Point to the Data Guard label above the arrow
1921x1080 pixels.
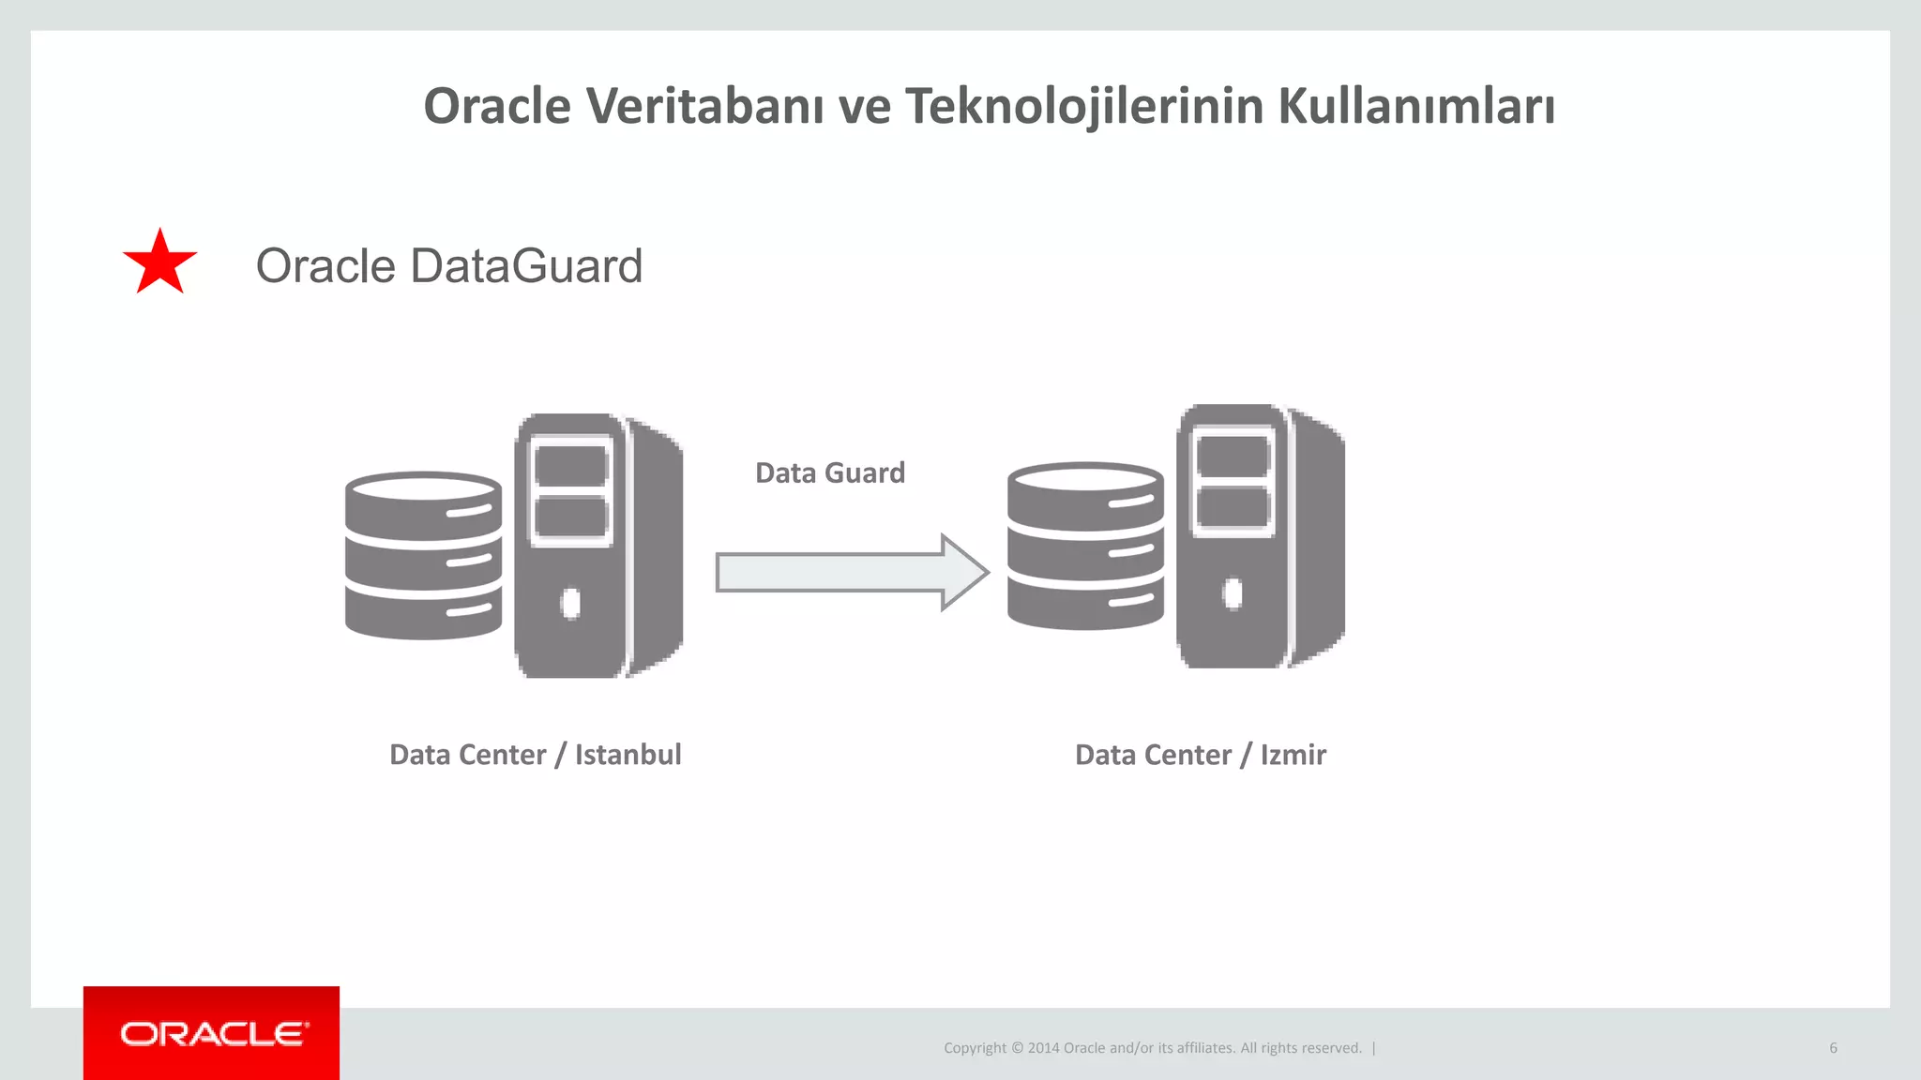830,472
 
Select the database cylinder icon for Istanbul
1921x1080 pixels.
423,555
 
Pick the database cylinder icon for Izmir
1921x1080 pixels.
1085,546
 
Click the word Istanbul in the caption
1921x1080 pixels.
628,755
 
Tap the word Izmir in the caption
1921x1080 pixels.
1293,755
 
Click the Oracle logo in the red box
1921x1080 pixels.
213,1034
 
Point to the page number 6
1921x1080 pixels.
1833,1048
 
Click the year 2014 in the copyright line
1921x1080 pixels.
1043,1048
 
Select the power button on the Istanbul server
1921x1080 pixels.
570,603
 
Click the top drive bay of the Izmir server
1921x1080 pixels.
1233,457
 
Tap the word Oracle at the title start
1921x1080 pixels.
497,106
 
